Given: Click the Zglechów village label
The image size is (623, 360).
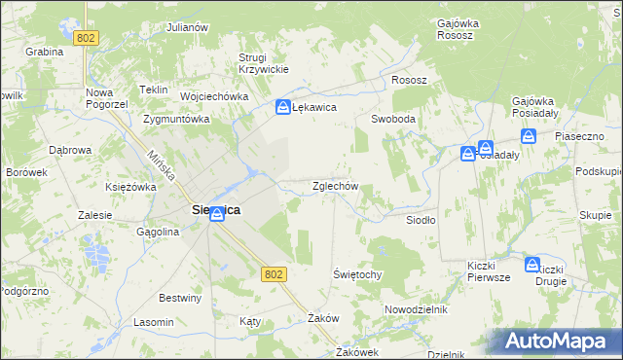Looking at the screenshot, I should (x=336, y=186).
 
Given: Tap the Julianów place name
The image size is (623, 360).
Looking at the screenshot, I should (x=189, y=27).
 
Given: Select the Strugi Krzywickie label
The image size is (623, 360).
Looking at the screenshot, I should (x=259, y=63).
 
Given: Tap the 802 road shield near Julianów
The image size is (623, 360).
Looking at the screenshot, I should (x=88, y=37).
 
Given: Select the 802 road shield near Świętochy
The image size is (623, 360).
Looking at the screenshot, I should (x=274, y=275).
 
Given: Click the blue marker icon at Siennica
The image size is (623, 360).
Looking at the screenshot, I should (x=217, y=216).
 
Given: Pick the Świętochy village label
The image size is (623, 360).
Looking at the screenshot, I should (x=357, y=274).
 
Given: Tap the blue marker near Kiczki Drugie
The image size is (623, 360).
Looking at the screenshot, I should (x=532, y=264).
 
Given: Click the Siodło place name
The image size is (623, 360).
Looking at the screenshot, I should (x=421, y=220).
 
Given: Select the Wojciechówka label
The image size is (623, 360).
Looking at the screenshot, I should (x=215, y=97).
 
